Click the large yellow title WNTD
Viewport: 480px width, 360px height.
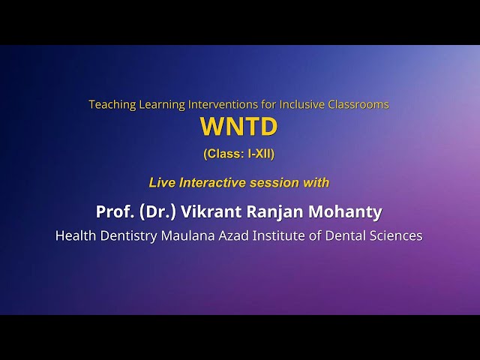[238, 127]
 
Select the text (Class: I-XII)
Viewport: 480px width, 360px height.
[238, 154]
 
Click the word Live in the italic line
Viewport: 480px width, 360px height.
[160, 182]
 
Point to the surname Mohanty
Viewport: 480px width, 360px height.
[349, 211]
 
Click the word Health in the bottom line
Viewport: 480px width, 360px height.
[76, 235]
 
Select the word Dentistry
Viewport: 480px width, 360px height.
[132, 236]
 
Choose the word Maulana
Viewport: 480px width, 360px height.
[193, 235]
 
